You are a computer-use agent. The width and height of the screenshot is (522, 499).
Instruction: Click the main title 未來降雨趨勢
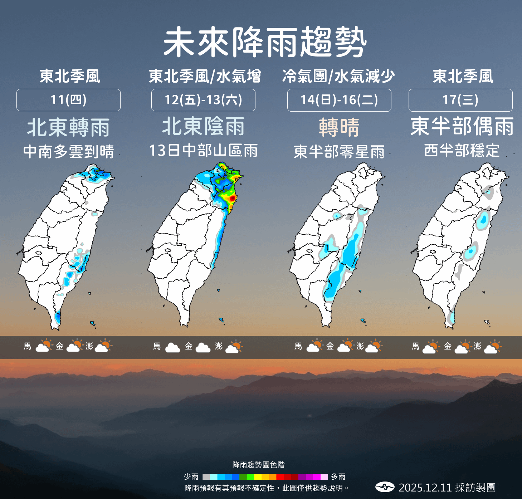(x=265, y=42)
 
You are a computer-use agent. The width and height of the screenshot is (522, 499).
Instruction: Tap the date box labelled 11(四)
(x=68, y=100)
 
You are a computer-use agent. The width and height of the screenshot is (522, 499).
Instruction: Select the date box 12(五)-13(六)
(x=203, y=100)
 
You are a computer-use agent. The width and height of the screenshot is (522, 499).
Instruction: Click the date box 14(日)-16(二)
(x=339, y=100)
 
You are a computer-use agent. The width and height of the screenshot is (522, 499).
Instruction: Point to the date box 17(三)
(x=460, y=100)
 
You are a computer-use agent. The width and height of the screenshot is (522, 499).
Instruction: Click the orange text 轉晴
(x=339, y=127)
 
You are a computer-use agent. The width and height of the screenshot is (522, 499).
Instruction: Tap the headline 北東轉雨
(x=68, y=127)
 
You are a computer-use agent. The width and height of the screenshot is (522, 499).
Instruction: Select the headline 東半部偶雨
(x=462, y=126)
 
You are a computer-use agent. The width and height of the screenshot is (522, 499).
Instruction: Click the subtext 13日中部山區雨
(x=203, y=151)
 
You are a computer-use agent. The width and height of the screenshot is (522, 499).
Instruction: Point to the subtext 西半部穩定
(x=462, y=150)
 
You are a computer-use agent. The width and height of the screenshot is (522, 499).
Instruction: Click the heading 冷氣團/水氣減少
(x=338, y=76)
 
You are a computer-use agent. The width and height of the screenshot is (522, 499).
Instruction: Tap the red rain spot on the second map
(x=232, y=197)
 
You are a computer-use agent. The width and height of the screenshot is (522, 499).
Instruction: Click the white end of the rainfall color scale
(x=324, y=477)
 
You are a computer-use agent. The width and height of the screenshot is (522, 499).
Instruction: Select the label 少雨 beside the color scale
(x=191, y=477)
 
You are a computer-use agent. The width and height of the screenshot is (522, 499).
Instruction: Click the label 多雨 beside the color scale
(x=338, y=477)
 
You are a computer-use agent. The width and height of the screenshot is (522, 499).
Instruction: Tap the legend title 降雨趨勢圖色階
(x=258, y=465)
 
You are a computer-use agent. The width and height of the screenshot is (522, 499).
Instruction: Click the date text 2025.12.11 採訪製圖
(x=447, y=488)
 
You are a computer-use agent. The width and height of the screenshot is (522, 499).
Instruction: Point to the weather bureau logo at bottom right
(x=385, y=487)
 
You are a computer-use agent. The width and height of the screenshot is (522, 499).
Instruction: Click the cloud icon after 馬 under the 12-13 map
(x=172, y=347)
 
